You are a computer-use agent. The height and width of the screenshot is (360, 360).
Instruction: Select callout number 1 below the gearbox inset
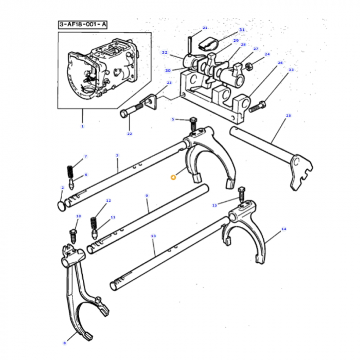[82, 125]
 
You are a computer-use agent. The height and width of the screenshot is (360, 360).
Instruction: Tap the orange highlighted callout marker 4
[173, 176]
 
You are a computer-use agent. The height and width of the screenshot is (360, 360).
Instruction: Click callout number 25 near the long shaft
[288, 115]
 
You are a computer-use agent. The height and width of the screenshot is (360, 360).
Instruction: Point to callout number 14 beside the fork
[283, 229]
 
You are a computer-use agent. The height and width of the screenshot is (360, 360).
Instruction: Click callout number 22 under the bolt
[130, 134]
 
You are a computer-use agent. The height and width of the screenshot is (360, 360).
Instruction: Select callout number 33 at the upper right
[291, 69]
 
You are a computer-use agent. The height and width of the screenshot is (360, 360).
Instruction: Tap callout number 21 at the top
[205, 28]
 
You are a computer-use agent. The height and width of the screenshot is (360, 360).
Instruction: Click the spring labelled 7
[70, 170]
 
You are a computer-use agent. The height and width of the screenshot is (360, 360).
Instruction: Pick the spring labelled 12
[94, 222]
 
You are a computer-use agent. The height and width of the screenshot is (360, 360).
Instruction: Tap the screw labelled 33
[257, 107]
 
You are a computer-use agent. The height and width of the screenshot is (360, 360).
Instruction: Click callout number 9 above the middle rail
[147, 195]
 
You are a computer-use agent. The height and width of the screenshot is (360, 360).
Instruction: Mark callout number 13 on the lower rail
[153, 236]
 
